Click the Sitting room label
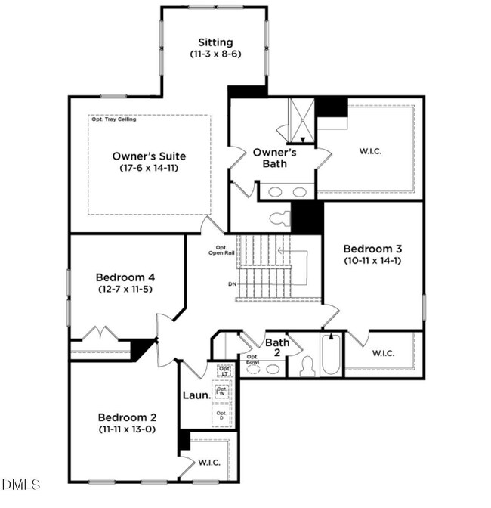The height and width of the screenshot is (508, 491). [x=215, y=42]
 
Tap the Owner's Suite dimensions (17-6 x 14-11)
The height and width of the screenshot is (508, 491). [x=149, y=168]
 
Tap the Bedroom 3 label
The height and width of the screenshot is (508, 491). [x=372, y=249]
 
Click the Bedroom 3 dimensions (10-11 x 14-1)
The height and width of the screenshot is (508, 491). [x=372, y=262]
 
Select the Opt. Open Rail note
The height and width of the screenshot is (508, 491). [x=221, y=250]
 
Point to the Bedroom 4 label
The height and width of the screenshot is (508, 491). [x=125, y=276]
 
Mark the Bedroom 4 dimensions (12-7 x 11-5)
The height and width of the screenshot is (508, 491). [x=125, y=289]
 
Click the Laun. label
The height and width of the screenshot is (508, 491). [x=196, y=395]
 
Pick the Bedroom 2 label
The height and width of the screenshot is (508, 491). [x=127, y=417]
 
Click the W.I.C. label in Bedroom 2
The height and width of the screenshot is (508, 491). [x=209, y=463]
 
